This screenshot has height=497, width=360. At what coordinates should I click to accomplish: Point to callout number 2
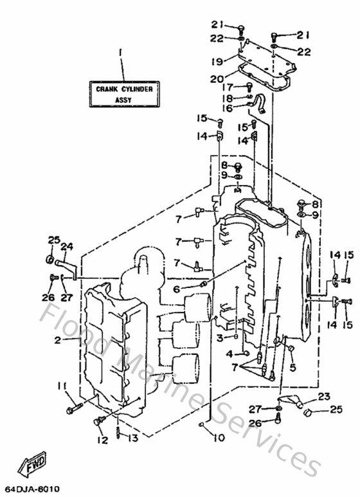point(58,340)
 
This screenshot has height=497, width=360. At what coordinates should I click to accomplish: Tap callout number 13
point(132,438)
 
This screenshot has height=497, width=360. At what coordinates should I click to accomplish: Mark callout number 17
point(226,87)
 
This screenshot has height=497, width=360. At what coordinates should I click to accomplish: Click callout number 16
point(227,109)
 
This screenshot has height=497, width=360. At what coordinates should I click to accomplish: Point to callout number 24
point(67,246)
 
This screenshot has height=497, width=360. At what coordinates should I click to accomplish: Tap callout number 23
point(323,396)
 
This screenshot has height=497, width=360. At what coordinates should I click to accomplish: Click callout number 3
point(219,338)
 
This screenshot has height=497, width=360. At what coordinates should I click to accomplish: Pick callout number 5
point(292,367)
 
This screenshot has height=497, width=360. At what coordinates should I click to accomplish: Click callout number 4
point(229,354)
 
